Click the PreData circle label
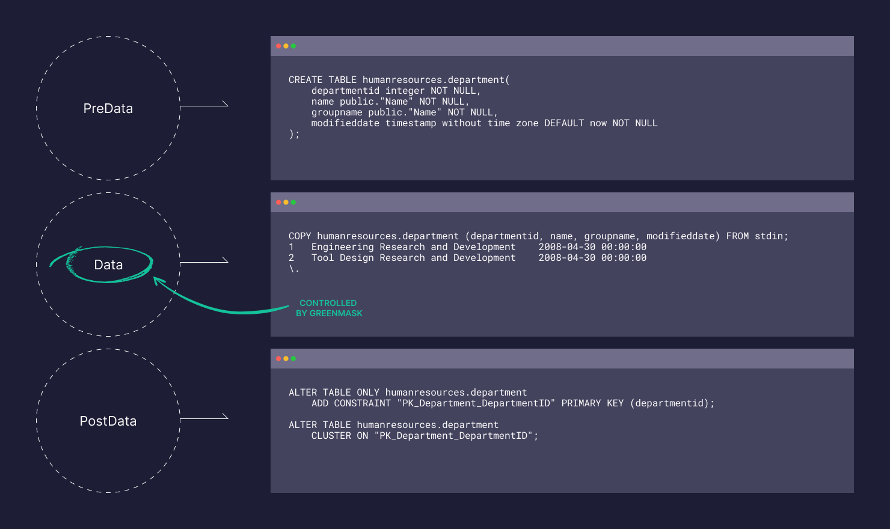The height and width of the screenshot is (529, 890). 108,108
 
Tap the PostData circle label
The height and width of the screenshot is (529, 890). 108,421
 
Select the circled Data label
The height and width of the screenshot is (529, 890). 108,265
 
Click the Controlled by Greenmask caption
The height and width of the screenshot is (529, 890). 329,308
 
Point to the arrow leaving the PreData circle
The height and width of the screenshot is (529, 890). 204,106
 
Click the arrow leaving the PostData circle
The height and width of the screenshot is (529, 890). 204,418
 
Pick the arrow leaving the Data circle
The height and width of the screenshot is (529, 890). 204,263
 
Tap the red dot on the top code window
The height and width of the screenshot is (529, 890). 278,46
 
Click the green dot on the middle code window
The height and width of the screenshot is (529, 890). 293,202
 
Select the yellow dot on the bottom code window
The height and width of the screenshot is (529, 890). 286,359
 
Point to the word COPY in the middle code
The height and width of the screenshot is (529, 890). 300,236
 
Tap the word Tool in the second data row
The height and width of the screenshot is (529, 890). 322,258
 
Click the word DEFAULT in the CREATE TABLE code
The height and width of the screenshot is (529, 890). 564,123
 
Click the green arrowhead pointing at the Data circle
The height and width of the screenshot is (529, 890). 158,281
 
